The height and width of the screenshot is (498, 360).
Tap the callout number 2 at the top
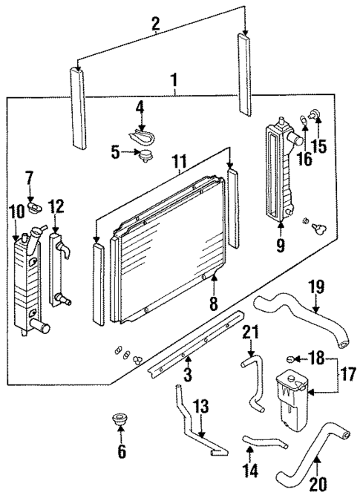156,24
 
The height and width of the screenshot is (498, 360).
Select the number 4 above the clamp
140,108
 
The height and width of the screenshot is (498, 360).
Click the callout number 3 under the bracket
188,376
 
